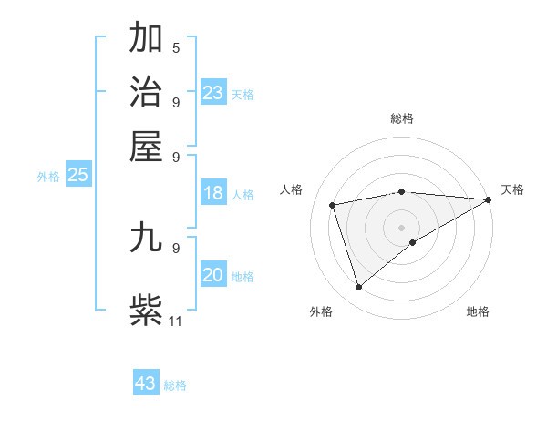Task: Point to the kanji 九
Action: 146,238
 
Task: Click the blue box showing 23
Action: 212,93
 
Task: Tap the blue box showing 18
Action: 212,193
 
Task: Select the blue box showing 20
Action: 212,276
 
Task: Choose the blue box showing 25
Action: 77,176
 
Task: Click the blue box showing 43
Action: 146,383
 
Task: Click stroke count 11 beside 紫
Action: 176,321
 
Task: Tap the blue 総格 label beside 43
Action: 175,385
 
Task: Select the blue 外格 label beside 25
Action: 47,177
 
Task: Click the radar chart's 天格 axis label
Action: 512,189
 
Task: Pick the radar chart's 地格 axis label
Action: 478,311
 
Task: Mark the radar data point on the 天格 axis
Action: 489,199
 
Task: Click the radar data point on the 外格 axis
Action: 359,288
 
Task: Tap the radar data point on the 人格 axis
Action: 333,205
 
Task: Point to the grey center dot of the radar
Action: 402,227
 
